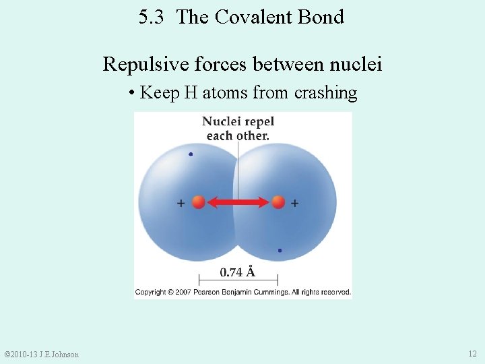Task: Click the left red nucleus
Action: coord(198,202)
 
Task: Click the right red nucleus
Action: coord(278,202)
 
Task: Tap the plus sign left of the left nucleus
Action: coord(181,202)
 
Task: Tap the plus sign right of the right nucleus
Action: coord(295,202)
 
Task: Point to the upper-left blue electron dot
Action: coord(191,154)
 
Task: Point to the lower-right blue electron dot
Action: coord(280,250)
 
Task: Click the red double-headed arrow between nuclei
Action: coord(238,202)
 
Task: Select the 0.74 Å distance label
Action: coord(238,272)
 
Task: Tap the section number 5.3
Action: coord(151,17)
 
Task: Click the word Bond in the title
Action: coord(321,17)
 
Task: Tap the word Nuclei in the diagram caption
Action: coord(221,122)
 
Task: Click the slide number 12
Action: coord(472,354)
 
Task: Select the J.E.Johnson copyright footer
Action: coord(42,355)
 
